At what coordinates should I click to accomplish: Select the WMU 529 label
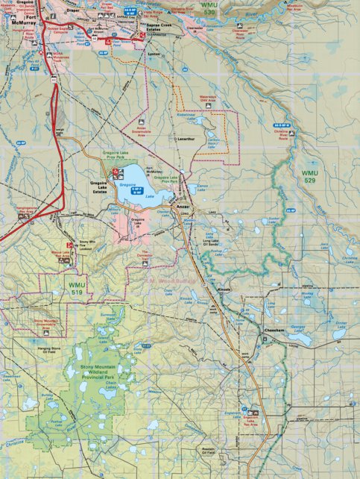coord(310,177)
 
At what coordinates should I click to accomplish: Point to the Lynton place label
coord(154,56)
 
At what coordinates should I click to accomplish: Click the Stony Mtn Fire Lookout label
coord(87,244)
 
